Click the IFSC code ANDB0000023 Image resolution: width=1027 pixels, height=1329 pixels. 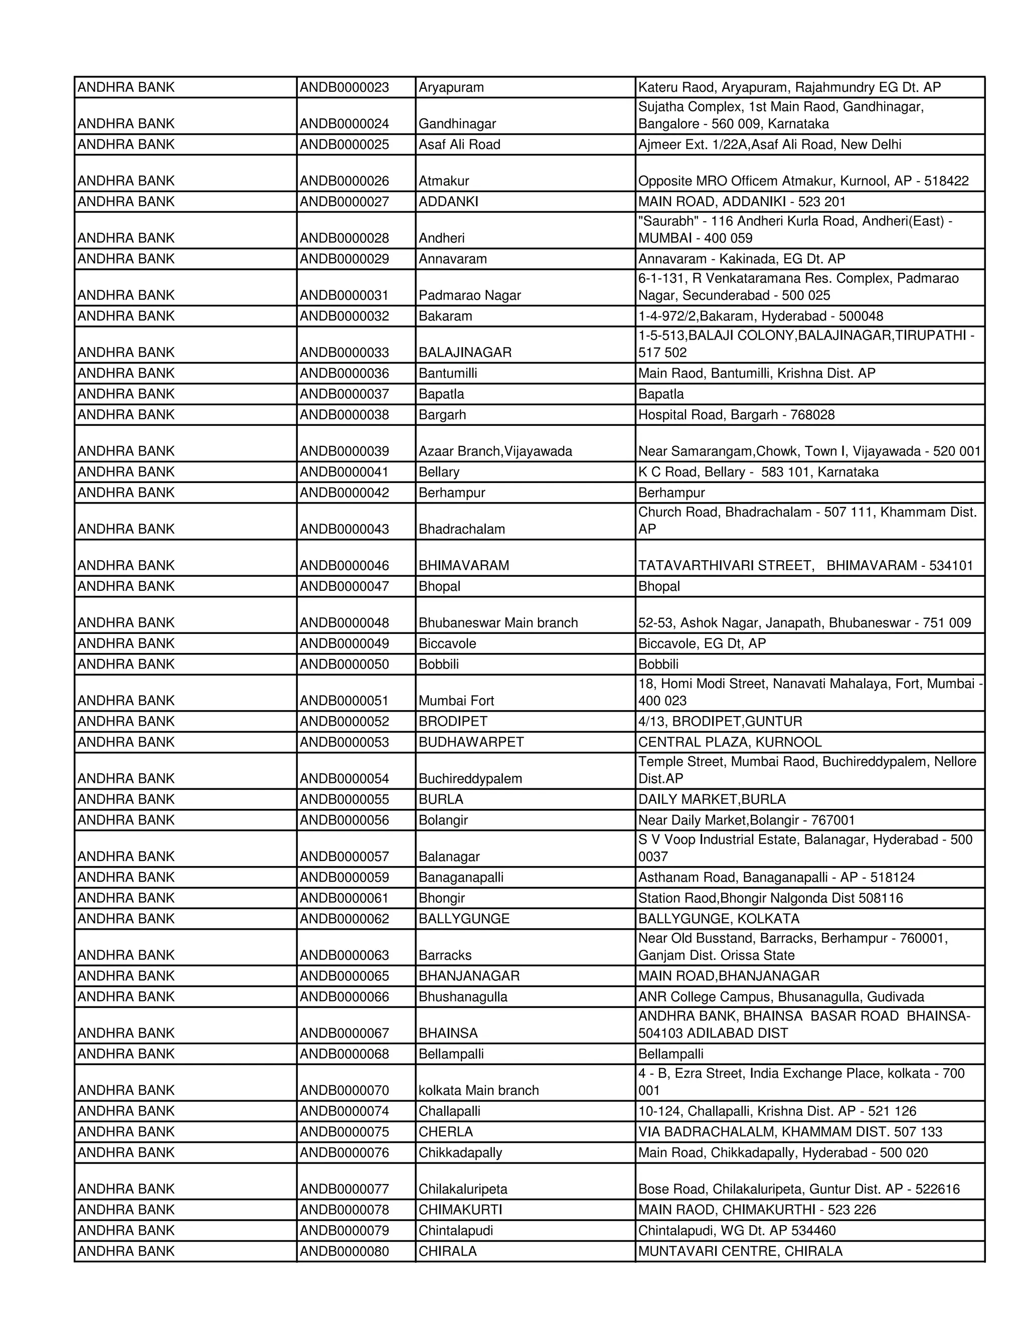point(345,87)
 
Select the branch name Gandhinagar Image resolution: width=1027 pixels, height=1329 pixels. point(457,123)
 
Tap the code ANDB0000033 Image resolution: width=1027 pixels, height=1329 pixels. point(345,353)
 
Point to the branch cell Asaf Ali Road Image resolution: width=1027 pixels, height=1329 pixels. point(459,144)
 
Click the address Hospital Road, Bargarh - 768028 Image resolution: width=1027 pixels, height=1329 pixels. point(736,414)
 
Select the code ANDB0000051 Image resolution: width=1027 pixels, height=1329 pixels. point(345,701)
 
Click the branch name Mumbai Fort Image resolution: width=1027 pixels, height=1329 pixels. point(456,701)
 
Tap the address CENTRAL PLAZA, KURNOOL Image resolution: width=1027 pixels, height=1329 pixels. point(730,742)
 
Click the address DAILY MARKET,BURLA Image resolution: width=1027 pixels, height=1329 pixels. point(712,799)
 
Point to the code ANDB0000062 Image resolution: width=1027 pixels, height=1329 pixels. point(345,918)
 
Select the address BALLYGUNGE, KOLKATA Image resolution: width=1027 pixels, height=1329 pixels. point(719,918)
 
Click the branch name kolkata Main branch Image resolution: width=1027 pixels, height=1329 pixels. point(479,1090)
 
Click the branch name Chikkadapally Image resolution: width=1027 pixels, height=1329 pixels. point(460,1152)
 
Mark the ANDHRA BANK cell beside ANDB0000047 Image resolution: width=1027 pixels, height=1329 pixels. point(126,586)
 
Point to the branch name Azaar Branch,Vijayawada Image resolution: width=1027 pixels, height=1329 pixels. point(495,451)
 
